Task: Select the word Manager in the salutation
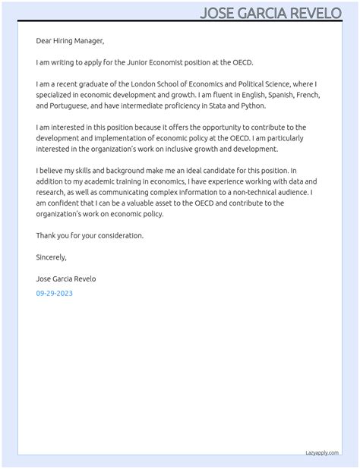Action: [87, 41]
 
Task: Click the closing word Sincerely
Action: [52, 257]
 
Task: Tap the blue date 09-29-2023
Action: [55, 293]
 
